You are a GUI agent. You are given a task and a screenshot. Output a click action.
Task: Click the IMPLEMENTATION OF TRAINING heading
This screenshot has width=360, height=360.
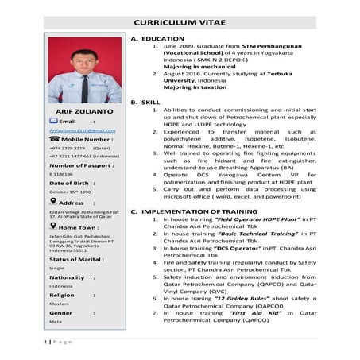point(199,211)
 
